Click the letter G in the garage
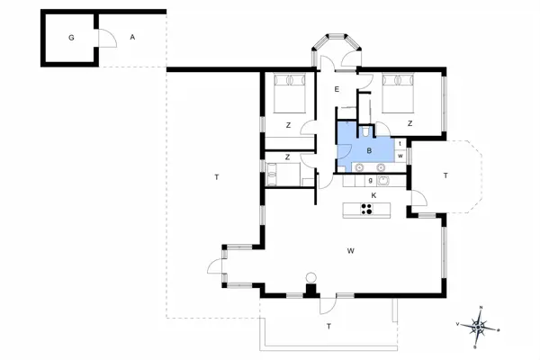click(x=70, y=38)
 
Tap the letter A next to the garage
click(x=132, y=37)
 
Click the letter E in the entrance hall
click(x=336, y=90)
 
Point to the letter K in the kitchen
click(x=373, y=194)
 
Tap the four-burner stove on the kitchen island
click(x=367, y=210)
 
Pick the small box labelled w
click(x=400, y=156)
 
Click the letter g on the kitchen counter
click(x=370, y=180)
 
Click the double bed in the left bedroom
click(x=290, y=91)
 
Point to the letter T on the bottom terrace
click(x=328, y=326)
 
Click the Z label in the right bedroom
click(x=409, y=123)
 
